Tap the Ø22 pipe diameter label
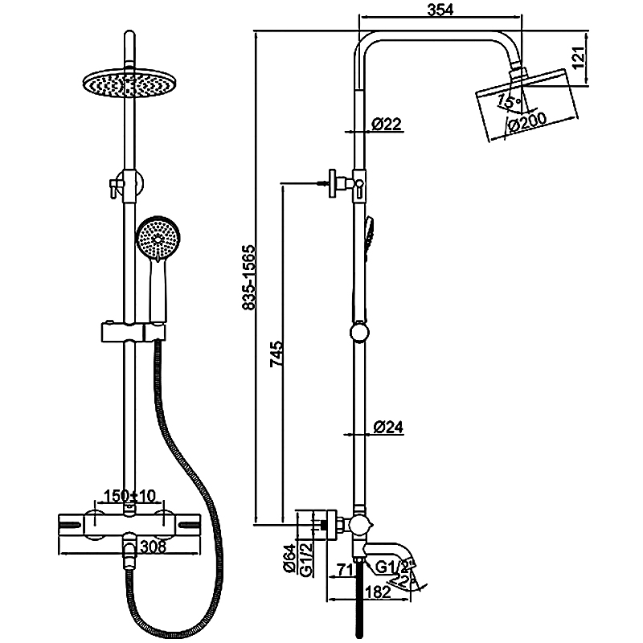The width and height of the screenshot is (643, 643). tap(387, 124)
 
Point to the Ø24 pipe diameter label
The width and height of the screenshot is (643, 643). tap(387, 428)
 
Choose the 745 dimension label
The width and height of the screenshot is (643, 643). tap(276, 354)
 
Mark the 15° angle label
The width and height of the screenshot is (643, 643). tap(507, 101)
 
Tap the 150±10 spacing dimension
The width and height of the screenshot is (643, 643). tap(128, 494)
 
